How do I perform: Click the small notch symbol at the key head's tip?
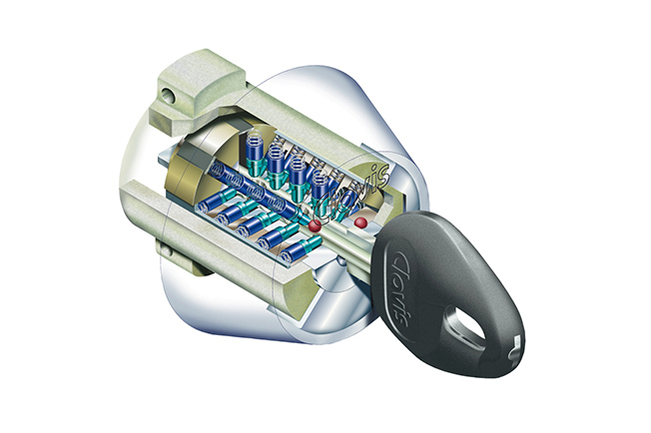click(x=515, y=346)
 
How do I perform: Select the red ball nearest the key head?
click(x=360, y=222)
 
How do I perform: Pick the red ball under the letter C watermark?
click(x=315, y=226)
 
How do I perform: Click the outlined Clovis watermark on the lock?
click(x=352, y=192)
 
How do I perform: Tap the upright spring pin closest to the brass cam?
click(x=254, y=154)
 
